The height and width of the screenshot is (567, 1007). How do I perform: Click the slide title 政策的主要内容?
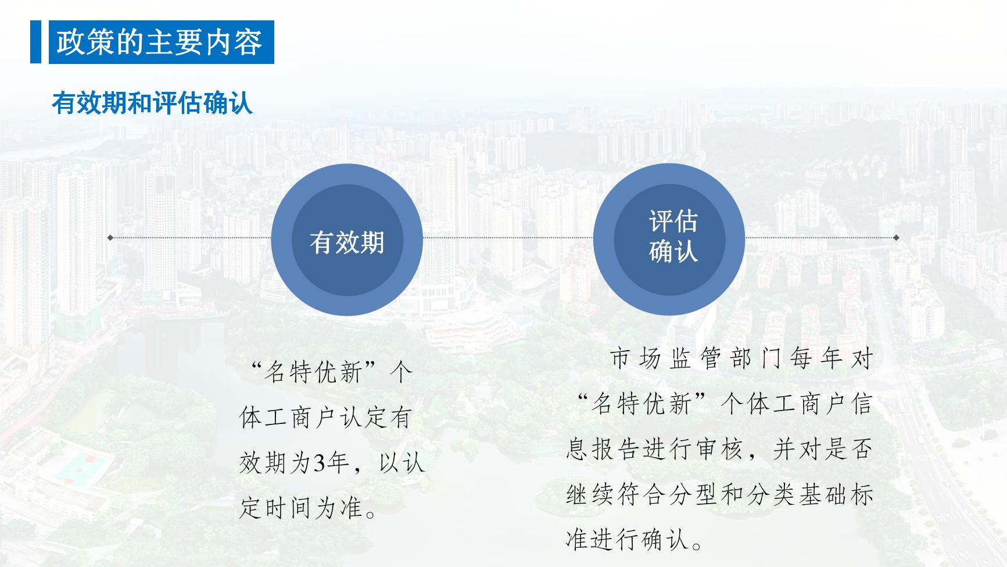[x=160, y=42]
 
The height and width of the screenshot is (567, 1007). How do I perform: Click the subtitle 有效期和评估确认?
[x=152, y=103]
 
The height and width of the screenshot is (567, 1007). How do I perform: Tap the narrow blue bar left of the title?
[x=36, y=42]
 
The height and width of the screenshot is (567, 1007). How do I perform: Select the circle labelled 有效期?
[x=347, y=240]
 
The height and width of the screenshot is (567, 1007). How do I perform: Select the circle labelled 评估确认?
[x=669, y=240]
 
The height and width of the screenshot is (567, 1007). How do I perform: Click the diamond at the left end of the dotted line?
[x=110, y=237]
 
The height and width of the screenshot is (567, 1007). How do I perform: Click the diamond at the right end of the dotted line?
[x=896, y=237]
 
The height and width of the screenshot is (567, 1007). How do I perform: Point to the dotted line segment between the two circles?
[x=508, y=237]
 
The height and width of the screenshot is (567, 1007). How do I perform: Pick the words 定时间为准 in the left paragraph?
[x=301, y=508]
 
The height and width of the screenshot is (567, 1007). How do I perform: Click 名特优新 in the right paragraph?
[x=640, y=404]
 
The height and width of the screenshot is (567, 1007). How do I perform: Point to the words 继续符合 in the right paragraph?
[x=616, y=495]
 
